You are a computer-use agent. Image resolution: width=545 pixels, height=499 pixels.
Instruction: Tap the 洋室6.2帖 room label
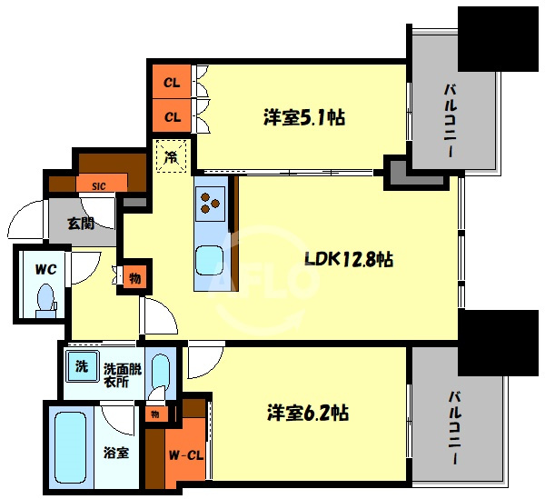307,413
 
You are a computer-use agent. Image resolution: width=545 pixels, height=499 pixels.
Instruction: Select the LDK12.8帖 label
348,259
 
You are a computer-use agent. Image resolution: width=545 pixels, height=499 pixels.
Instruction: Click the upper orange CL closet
171,82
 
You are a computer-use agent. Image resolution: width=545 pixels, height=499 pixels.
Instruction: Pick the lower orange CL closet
171,115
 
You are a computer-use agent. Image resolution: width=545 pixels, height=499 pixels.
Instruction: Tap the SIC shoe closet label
98,186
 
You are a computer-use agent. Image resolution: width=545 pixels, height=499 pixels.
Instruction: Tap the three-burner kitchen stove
211,202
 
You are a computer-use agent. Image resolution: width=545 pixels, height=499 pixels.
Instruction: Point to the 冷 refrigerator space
172,156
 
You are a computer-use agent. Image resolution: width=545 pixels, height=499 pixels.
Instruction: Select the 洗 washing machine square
81,368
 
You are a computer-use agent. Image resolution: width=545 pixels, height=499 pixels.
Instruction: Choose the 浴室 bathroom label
115,452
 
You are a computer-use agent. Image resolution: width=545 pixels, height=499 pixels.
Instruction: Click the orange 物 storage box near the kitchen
134,277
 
